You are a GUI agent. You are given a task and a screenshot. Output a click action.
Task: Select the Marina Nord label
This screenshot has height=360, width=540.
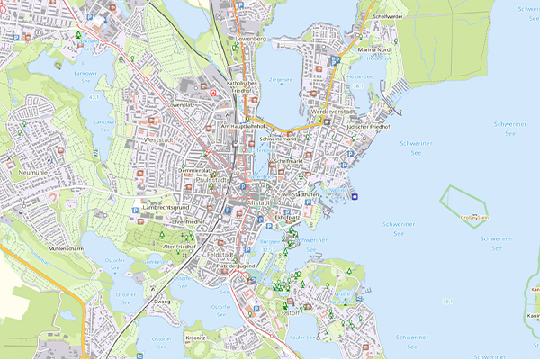(x=372, y=49)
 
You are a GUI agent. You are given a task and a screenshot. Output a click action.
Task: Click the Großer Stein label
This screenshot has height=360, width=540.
(x=473, y=217)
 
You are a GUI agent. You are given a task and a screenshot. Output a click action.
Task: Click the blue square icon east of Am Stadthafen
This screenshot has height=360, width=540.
(x=355, y=196)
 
